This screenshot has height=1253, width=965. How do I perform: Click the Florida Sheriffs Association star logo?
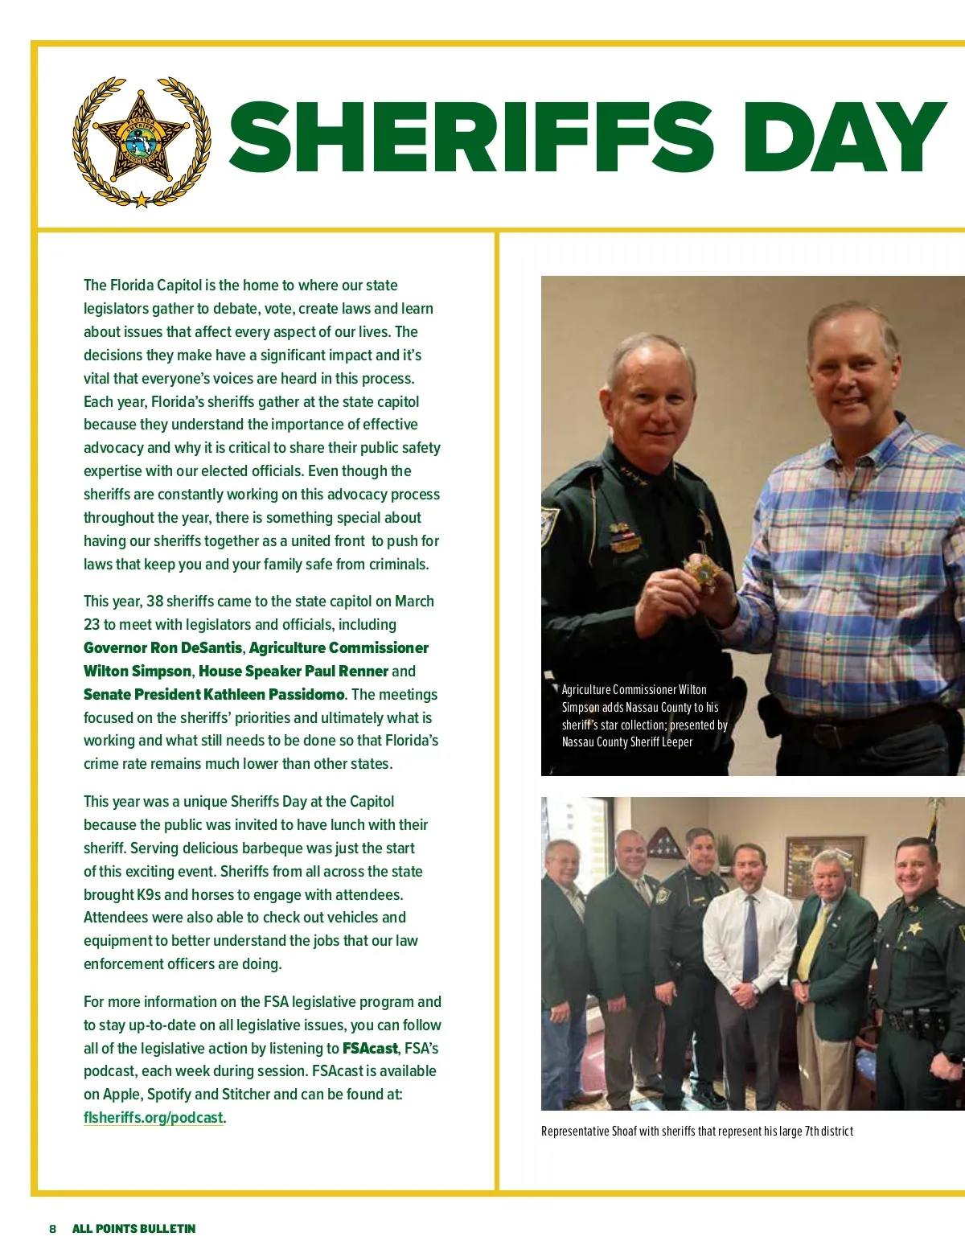[x=142, y=142]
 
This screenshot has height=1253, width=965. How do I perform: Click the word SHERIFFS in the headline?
[x=470, y=138]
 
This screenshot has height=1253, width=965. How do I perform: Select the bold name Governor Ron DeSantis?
[x=162, y=648]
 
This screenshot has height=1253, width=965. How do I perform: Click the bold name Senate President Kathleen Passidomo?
[x=214, y=695]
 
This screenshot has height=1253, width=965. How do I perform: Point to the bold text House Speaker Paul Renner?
[x=294, y=672]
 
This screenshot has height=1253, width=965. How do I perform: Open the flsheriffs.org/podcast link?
[x=154, y=1118]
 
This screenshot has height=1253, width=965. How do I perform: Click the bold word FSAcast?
[x=370, y=1049]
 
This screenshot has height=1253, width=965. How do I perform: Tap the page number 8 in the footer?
[x=53, y=1229]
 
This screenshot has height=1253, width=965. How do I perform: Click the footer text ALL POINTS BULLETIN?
[x=133, y=1229]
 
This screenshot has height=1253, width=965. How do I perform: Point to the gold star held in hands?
[x=703, y=573]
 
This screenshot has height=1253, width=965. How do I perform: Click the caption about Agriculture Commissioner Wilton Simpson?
[x=643, y=716]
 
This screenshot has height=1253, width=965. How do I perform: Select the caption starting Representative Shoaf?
[x=696, y=1132]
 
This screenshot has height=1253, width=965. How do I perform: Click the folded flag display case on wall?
[x=665, y=844]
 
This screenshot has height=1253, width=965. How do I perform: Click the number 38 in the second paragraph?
[x=154, y=602]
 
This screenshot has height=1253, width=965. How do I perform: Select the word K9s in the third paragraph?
[x=148, y=895]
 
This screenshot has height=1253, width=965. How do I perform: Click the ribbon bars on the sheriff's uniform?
[x=620, y=532]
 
